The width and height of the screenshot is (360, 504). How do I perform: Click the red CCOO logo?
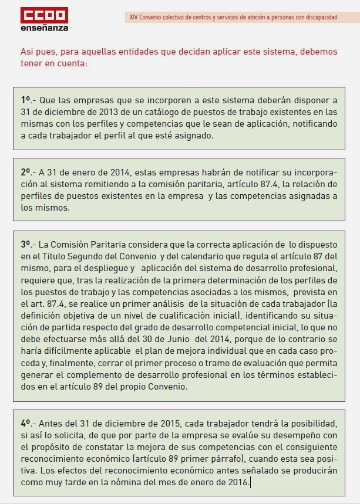coord(44,15)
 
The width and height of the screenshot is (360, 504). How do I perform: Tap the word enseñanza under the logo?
coord(44,28)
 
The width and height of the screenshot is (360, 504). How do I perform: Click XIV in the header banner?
coord(133,17)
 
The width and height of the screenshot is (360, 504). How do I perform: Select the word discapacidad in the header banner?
coord(321,17)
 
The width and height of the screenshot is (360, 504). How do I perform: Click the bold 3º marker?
coord(26,243)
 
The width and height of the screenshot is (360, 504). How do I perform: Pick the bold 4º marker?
coord(26,423)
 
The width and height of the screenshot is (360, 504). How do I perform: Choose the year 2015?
coord(152,423)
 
